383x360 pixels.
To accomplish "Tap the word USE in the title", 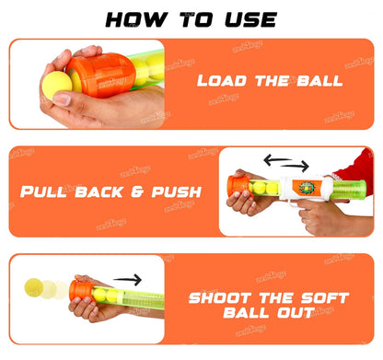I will coord(246,18).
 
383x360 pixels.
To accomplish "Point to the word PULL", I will coord(48,193).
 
